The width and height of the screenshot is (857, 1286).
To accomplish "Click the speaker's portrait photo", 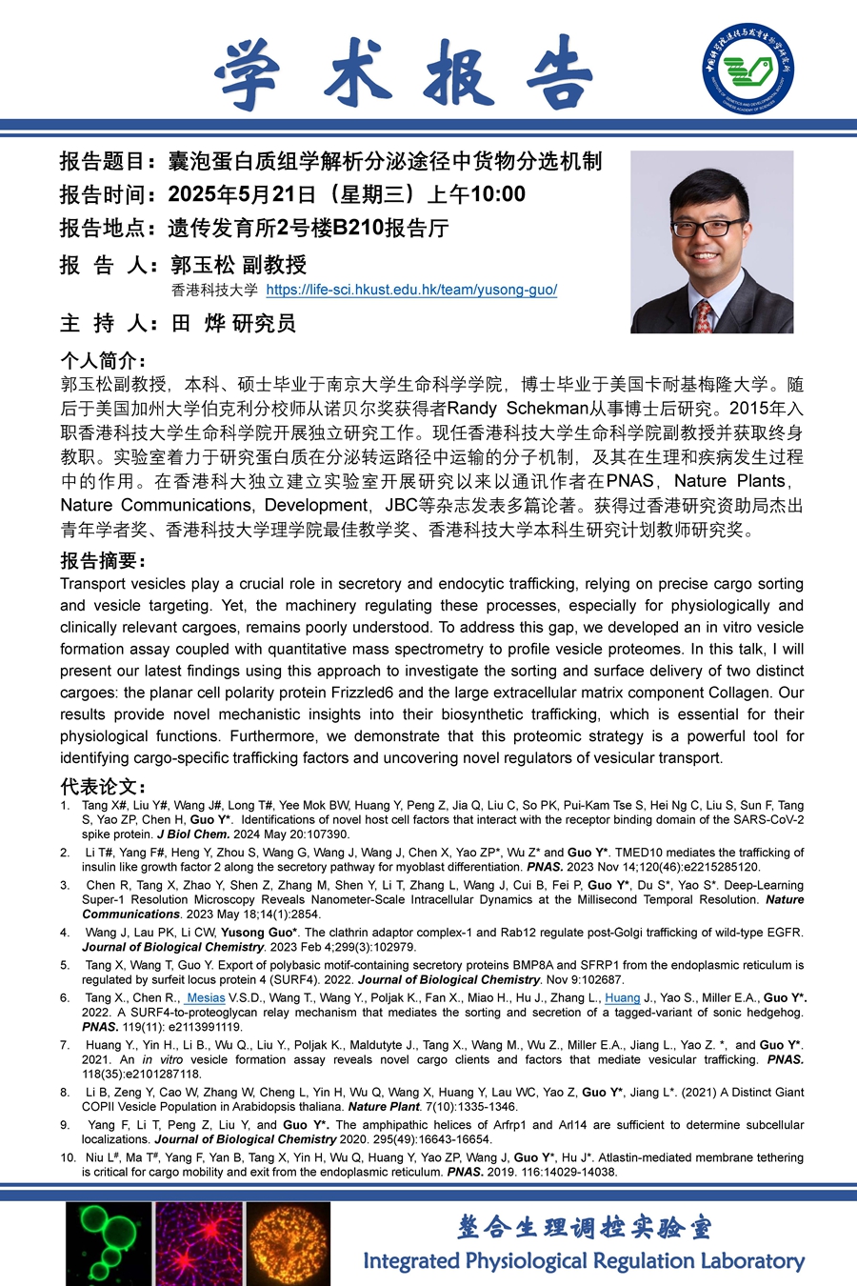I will click(x=711, y=241).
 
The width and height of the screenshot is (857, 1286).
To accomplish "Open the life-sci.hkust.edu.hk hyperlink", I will click(x=411, y=290).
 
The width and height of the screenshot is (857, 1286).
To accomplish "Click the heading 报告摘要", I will click(x=103, y=560).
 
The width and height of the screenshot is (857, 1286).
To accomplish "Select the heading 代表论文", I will click(x=103, y=786).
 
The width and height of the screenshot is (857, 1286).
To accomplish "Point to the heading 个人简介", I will click(x=103, y=360).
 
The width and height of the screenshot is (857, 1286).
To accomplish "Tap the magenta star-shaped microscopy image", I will click(x=199, y=1243).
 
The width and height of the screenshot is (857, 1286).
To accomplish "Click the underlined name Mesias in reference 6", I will click(x=206, y=998).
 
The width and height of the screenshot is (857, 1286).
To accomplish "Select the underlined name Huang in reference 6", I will click(x=623, y=998).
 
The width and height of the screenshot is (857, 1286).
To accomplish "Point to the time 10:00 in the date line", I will click(x=498, y=194).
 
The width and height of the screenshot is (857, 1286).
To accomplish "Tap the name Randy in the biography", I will click(x=472, y=409).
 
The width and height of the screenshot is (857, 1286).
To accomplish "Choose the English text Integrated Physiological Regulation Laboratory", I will click(x=584, y=1260).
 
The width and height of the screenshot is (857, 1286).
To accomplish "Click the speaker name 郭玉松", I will click(x=202, y=264).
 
